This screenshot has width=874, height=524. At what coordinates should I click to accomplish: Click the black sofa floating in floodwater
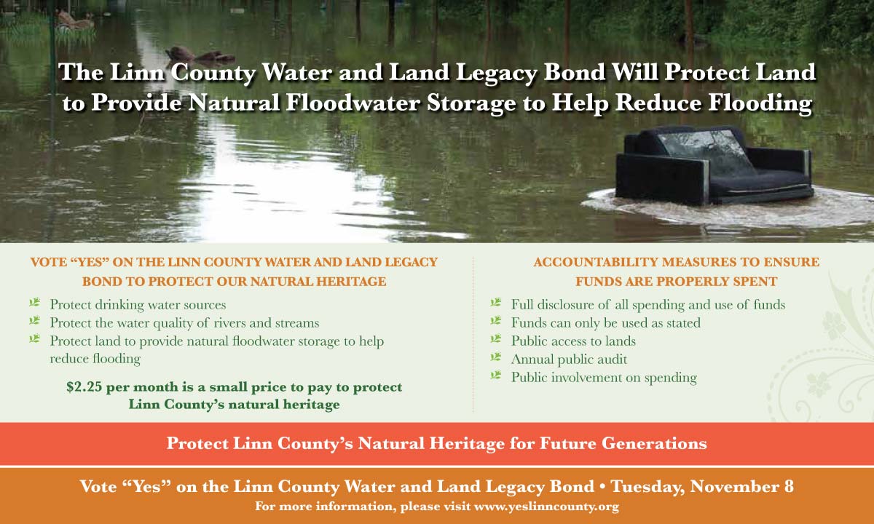coord(713,166)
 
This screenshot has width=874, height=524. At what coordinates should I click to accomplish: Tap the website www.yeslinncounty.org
coord(546,507)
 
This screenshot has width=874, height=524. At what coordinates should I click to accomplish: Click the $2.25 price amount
coord(84,386)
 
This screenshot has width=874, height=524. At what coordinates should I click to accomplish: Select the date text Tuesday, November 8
coord(702,486)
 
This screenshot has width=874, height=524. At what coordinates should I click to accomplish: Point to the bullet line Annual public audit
coord(569,359)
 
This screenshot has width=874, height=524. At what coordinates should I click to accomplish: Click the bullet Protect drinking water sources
coord(138,304)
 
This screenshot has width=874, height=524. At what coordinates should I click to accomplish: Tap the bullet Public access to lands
coord(573,341)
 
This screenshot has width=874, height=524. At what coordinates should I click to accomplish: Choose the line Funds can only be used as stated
coord(605,322)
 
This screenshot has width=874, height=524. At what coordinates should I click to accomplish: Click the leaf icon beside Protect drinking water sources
coord(35,302)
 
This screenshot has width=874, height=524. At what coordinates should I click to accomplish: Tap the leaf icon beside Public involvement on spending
coord(495,375)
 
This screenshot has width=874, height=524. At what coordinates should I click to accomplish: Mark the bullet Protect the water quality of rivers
coord(184,323)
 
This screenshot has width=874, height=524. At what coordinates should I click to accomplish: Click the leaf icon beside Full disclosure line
coord(495,302)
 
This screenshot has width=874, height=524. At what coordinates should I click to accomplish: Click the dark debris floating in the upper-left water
coord(200,55)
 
